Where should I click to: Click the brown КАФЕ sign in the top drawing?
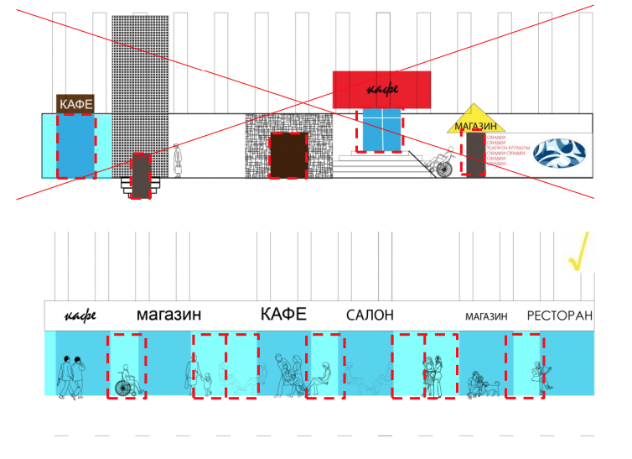tap(75, 104)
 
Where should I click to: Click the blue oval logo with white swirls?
tap(561, 151)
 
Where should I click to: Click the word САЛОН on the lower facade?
tap(370, 316)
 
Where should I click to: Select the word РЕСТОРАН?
tap(559, 316)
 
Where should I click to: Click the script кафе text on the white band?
tap(80, 316)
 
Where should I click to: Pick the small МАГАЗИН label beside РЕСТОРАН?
tap(487, 317)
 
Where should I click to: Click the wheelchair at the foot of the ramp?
tap(439, 164)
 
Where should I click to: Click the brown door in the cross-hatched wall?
tap(288, 155)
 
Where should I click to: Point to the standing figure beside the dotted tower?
tap(177, 160)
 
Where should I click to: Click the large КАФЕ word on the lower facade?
tap(283, 315)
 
